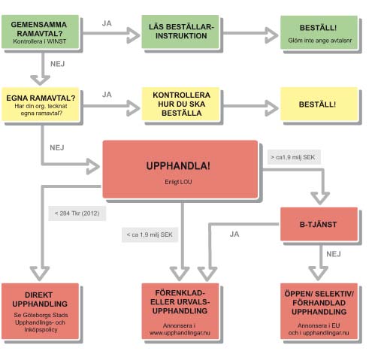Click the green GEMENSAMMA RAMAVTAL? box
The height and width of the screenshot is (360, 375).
tap(41, 32)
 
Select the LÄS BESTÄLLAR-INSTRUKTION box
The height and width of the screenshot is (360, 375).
tap(180, 32)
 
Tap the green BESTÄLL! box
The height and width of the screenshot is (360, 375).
tap(319, 32)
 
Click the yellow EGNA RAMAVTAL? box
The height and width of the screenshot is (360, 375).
tap(41, 104)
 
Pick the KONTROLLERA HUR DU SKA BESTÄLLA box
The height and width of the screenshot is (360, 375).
tap(180, 104)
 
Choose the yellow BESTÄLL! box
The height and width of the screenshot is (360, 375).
tap(319, 104)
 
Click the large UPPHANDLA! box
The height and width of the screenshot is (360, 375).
tap(180, 169)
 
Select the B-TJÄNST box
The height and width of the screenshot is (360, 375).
tap(319, 224)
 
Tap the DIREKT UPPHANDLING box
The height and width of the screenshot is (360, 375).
tap(41, 311)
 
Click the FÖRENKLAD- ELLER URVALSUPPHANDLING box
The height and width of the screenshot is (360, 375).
tap(180, 311)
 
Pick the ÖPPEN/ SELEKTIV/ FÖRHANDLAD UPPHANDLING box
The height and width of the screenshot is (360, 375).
tap(319, 311)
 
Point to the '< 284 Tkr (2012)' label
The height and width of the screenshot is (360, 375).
tap(77, 213)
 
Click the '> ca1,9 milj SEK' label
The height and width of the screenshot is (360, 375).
tap(294, 157)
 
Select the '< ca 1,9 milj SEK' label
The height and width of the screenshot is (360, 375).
tap(150, 234)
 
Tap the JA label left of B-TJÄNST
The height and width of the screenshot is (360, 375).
tap(234, 234)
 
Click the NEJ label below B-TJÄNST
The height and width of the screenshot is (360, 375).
tap(334, 254)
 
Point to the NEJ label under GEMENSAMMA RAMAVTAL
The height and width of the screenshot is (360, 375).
tap(57, 64)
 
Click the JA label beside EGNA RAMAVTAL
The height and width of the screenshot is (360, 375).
tap(107, 95)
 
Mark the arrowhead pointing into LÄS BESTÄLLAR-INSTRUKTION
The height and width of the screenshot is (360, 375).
tap(133, 35)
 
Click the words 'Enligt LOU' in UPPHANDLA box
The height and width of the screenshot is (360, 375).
tap(178, 182)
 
